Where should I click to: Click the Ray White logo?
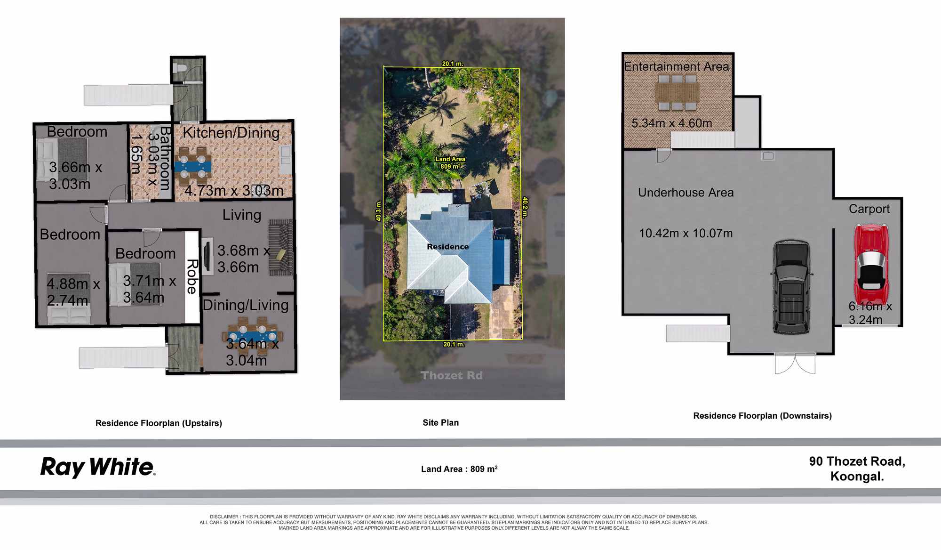click(x=98, y=467)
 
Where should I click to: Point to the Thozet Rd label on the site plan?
click(x=451, y=375)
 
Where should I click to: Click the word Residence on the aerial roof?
click(x=447, y=247)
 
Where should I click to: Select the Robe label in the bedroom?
click(x=191, y=276)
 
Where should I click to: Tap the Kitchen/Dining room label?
click(x=231, y=132)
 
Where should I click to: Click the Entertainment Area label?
click(x=677, y=66)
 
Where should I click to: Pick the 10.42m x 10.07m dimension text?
click(x=686, y=233)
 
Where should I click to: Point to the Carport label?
click(x=869, y=209)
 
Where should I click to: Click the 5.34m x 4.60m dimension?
click(x=671, y=123)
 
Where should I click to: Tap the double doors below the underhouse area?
click(x=795, y=364)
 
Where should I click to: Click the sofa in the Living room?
click(x=281, y=247)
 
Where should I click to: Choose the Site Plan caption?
click(x=440, y=422)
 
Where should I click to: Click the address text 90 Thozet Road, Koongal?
click(x=857, y=469)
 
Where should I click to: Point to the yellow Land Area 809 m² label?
click(x=450, y=162)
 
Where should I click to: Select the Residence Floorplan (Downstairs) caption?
click(x=762, y=416)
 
